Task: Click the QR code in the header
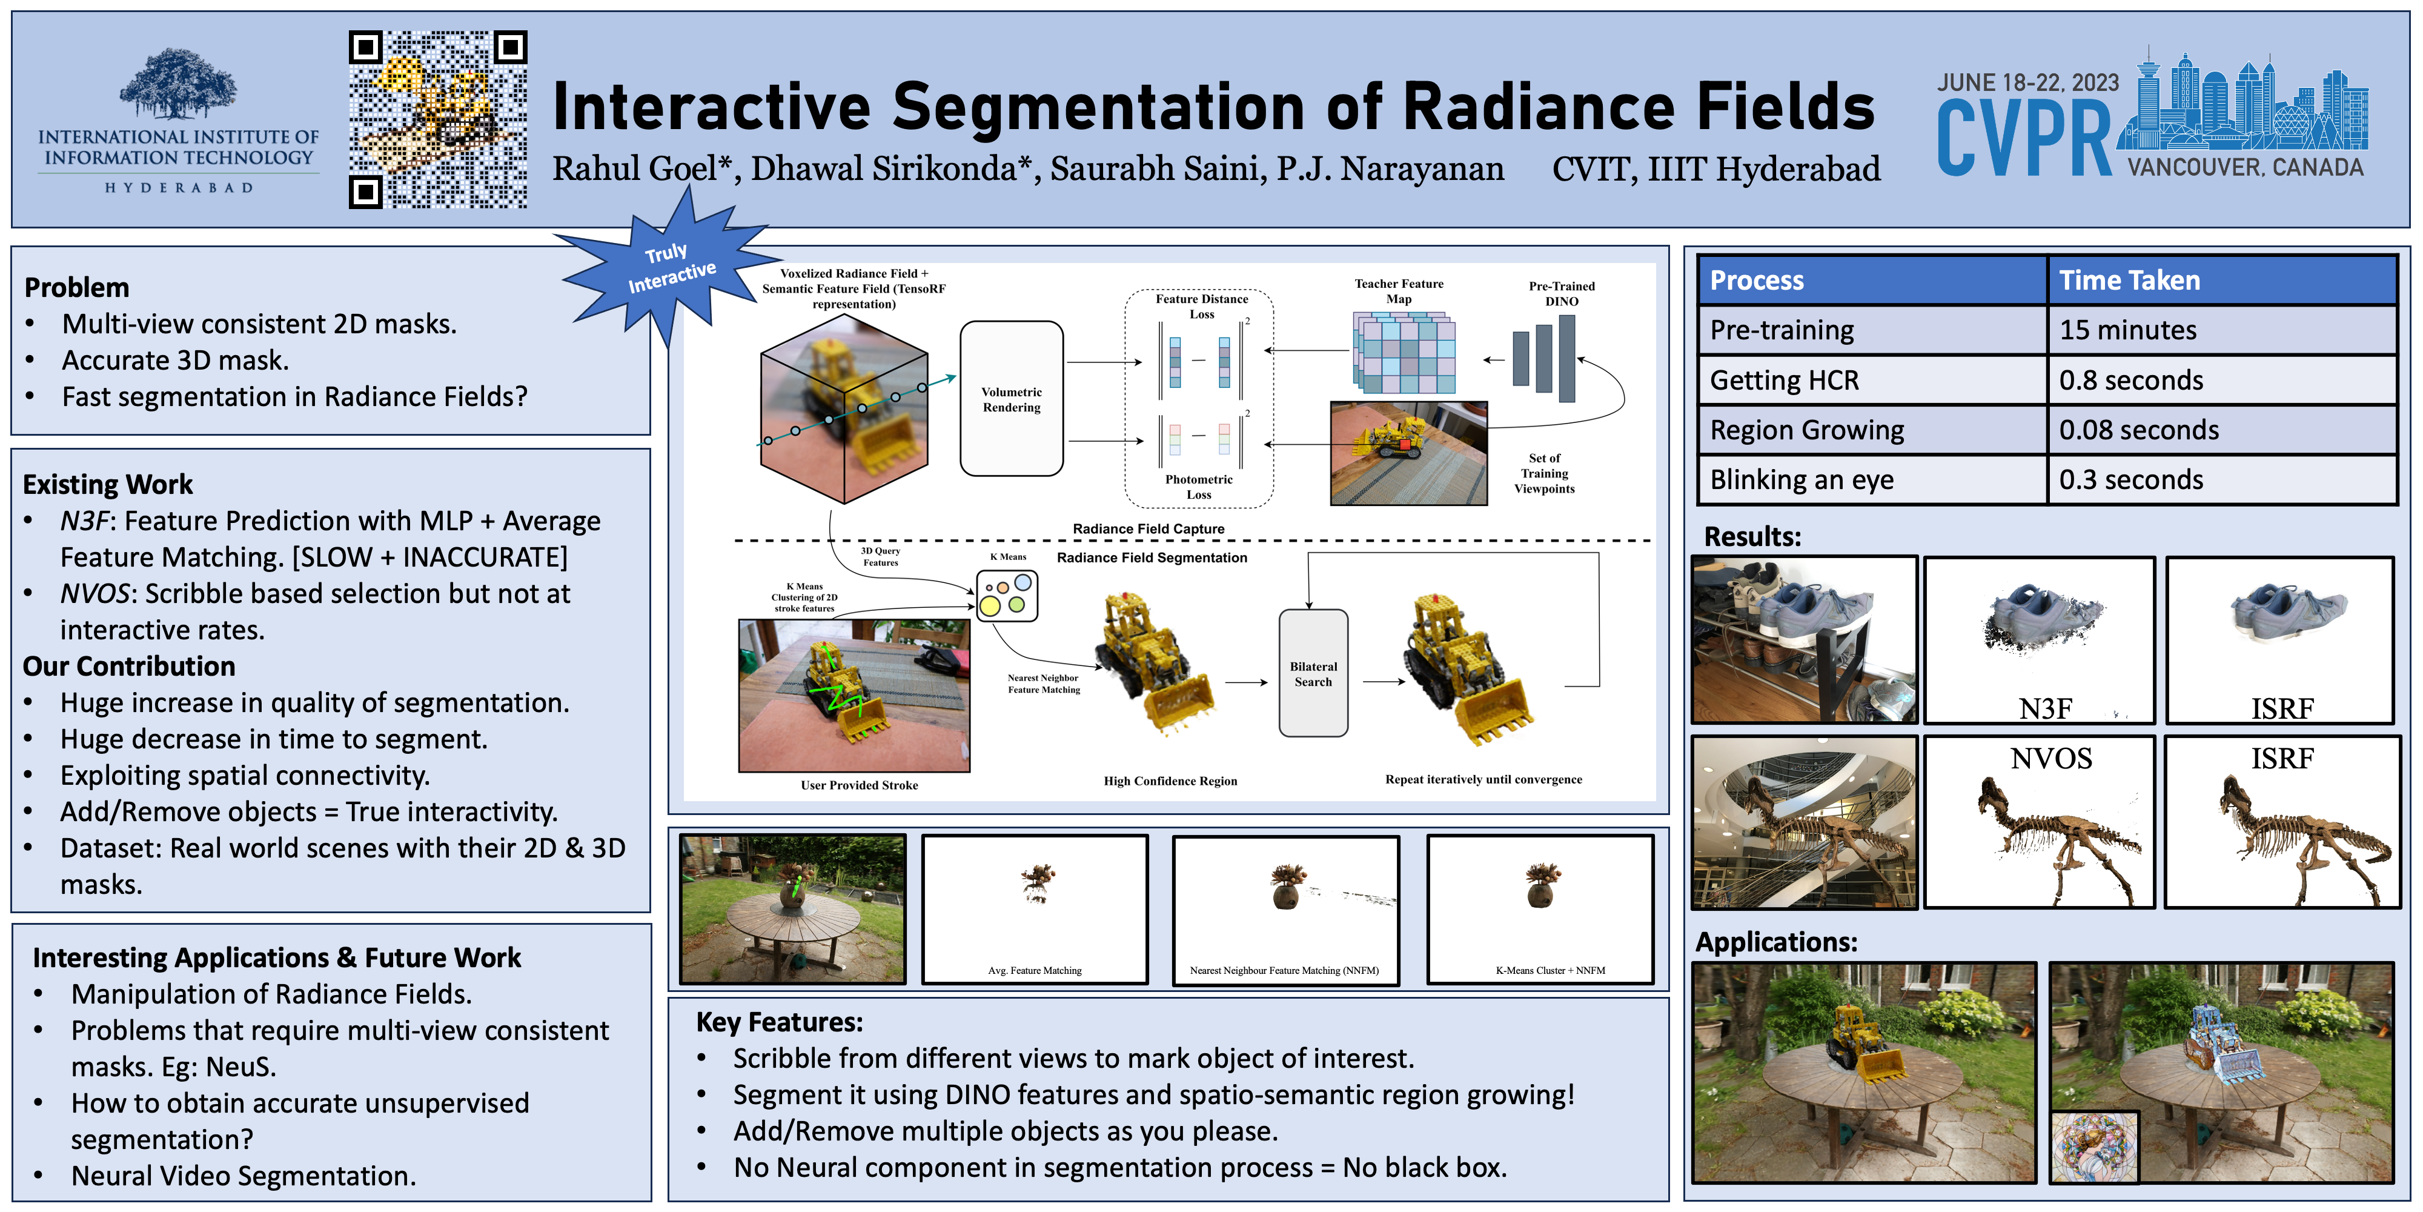click(439, 119)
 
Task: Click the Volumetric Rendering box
click(1011, 399)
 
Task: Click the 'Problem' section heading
click(77, 287)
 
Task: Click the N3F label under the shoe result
click(2045, 708)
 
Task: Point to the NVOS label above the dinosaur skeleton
click(2052, 759)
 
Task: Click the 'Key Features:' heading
click(780, 1022)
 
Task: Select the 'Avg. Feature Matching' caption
click(1035, 970)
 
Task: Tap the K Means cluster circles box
click(1007, 596)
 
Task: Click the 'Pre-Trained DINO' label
click(1562, 293)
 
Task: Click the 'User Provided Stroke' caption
click(859, 785)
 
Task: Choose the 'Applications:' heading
click(1776, 942)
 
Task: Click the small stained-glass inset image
click(2095, 1147)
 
